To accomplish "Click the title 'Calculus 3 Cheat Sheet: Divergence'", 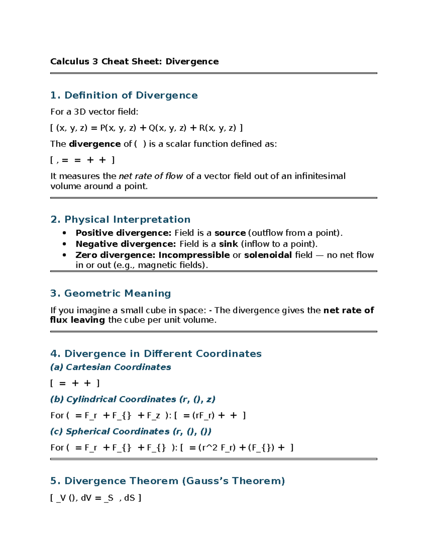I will point(134,62).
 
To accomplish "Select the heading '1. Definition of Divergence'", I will point(124,95).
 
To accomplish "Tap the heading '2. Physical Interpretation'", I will point(120,219).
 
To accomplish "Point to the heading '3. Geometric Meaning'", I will point(110,293).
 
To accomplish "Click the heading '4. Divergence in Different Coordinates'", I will point(156,354).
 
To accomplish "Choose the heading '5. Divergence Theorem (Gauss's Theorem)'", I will point(167,481).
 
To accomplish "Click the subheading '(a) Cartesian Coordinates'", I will point(110,367).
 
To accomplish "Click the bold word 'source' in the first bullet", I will point(230,233).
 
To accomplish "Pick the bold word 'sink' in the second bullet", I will point(228,244).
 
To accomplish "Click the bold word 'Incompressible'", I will point(194,255).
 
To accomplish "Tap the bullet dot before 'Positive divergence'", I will point(64,233).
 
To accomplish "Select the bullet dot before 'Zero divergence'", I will point(64,255).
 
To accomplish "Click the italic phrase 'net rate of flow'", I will point(151,176).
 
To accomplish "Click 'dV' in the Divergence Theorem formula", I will point(86,498).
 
